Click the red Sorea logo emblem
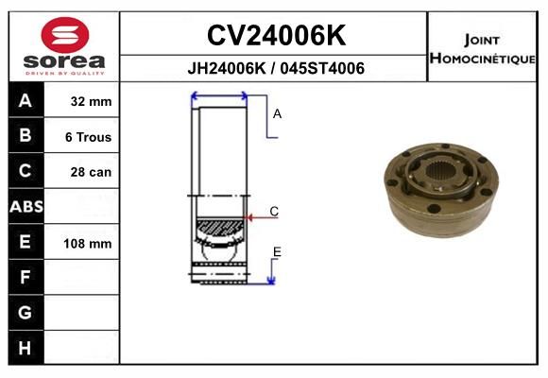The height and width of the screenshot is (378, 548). tap(65, 35)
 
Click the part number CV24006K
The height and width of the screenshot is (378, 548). tap(276, 35)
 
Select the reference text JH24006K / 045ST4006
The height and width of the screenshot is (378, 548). tap(276, 68)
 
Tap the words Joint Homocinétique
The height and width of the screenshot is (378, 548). tap(482, 49)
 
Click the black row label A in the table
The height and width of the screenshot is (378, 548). tap(26, 101)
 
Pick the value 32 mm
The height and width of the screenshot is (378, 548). tap(91, 101)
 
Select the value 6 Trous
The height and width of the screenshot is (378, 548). tap(88, 137)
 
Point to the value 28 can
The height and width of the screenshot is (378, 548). tap(91, 172)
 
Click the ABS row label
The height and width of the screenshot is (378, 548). tap(26, 207)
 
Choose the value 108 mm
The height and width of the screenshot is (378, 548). tap(87, 244)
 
